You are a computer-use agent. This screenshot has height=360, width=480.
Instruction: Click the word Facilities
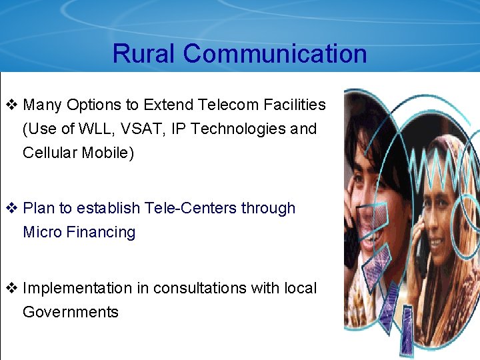coord(294,105)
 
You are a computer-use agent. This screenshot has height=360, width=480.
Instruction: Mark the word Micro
coord(41,232)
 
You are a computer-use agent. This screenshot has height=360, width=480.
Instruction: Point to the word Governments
coord(71,312)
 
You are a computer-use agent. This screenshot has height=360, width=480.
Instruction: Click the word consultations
coord(200,288)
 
